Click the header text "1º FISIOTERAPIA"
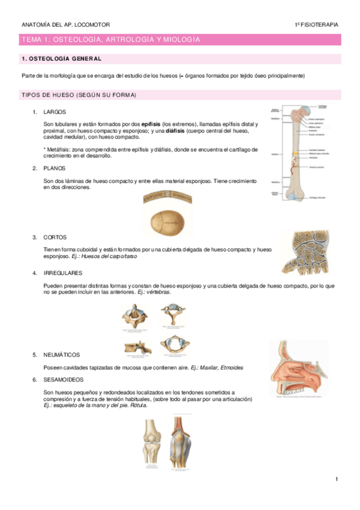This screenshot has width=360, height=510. pyautogui.click(x=316, y=25)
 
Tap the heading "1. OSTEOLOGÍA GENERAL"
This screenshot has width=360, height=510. pyautogui.click(x=61, y=59)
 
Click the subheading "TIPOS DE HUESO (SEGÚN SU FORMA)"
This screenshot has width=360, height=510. pyautogui.click(x=79, y=95)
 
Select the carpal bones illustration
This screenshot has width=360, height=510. pyautogui.click(x=304, y=253)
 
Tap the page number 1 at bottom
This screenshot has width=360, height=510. pyautogui.click(x=337, y=479)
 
